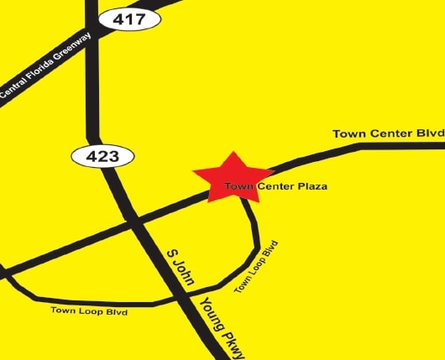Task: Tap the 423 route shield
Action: click(x=101, y=156)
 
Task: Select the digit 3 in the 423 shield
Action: click(x=113, y=156)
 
